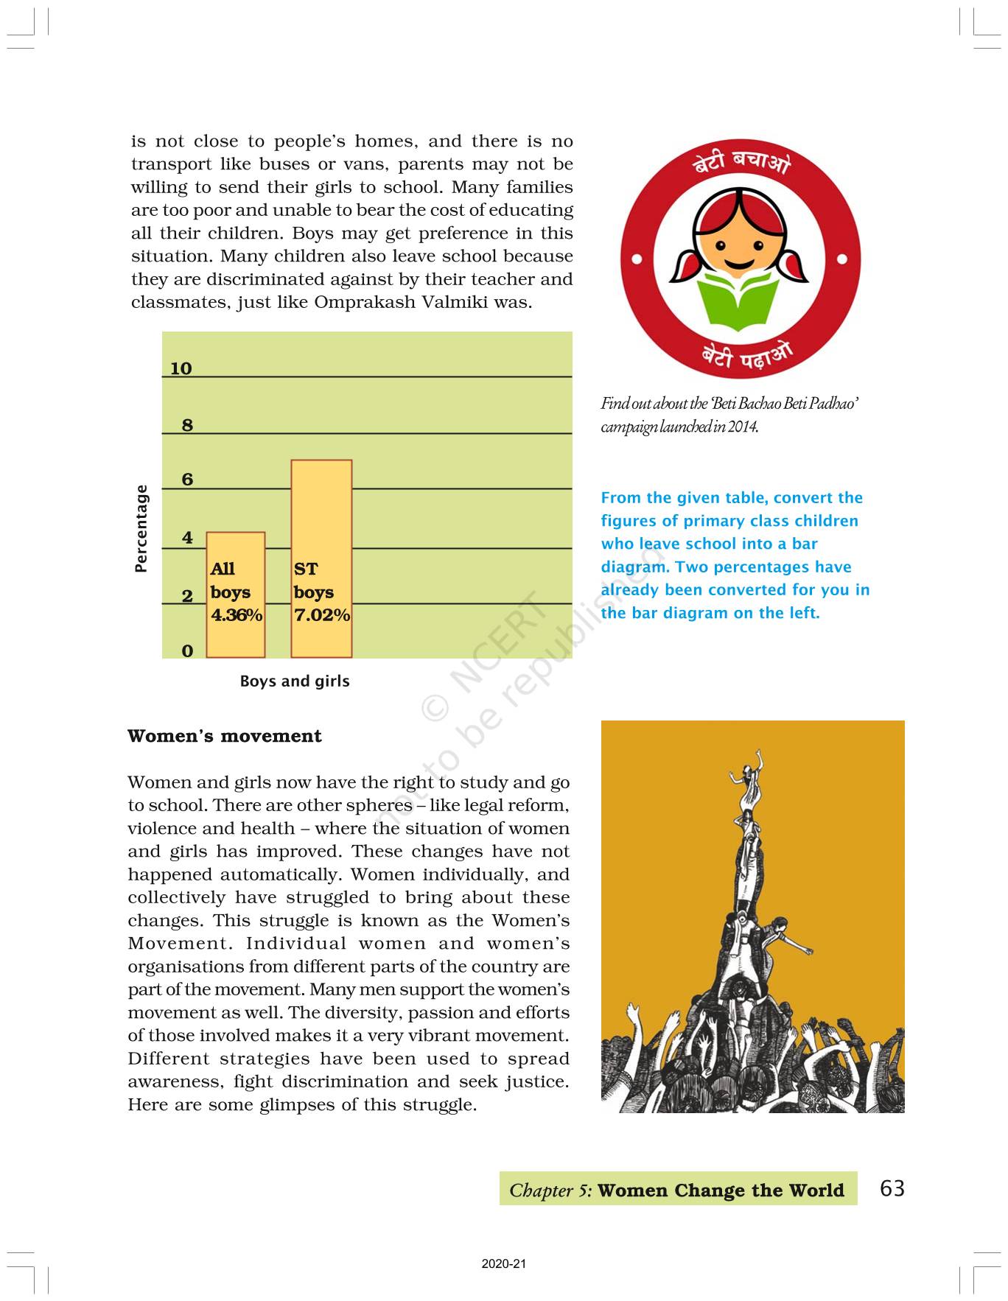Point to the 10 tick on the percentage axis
coord(181,368)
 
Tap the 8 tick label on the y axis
coord(187,425)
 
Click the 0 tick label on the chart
coord(187,651)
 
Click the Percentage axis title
coord(141,528)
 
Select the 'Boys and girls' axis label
coord(295,681)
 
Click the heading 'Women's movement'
coord(225,736)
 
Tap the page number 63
coord(892,1188)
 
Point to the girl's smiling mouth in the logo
coord(740,263)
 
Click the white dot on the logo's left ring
coord(637,259)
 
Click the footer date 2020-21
coord(504,1264)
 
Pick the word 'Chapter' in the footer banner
coord(541,1190)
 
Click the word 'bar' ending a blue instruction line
coord(805,544)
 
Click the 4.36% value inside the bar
coord(237,615)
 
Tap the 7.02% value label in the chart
coord(322,615)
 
